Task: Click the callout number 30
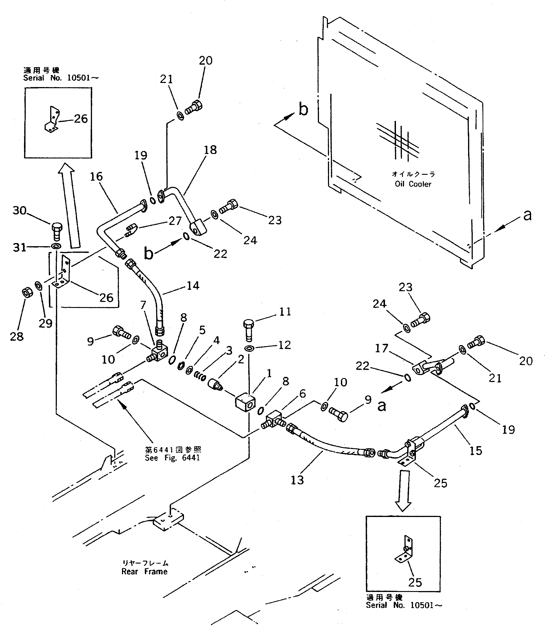click(x=19, y=211)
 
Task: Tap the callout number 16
click(x=96, y=177)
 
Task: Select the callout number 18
click(x=210, y=150)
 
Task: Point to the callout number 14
click(x=193, y=286)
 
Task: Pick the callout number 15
click(x=475, y=451)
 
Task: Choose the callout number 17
click(x=381, y=348)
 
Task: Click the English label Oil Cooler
click(x=413, y=184)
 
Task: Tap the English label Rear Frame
click(x=144, y=571)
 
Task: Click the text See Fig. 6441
click(x=172, y=458)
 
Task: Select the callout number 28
click(x=17, y=337)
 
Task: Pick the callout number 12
click(x=284, y=345)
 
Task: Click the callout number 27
click(x=175, y=221)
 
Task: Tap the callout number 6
click(x=302, y=394)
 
